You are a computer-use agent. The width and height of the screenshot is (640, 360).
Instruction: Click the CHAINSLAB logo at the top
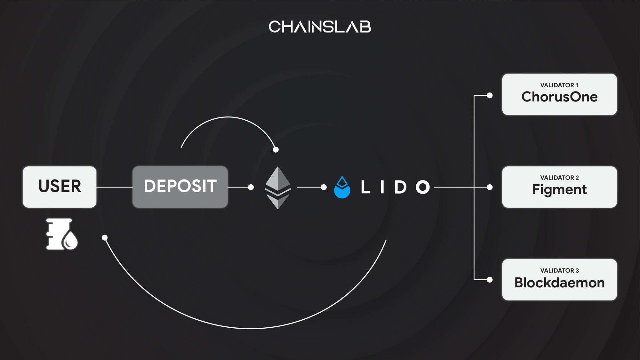pos(320,27)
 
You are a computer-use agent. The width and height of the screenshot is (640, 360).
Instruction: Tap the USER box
pos(60,187)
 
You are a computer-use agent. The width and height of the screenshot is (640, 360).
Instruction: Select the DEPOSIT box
pos(180,187)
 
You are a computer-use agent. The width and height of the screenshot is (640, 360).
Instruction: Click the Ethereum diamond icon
pos(278,188)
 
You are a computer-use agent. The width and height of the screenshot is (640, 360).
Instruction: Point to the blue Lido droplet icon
pos(342,188)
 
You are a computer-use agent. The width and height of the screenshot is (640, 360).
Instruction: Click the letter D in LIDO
pos(400,187)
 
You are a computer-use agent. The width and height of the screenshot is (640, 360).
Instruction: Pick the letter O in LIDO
pos(423,187)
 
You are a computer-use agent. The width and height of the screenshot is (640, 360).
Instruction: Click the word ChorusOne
pos(559,97)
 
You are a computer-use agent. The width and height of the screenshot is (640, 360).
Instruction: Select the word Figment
pos(559,189)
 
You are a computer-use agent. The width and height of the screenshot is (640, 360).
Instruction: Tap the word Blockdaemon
pos(559,283)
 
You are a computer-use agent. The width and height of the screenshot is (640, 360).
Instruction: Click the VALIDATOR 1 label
pos(559,85)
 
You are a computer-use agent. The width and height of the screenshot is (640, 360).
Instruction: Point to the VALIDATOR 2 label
pos(559,178)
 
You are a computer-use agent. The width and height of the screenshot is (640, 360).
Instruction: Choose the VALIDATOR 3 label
pos(559,270)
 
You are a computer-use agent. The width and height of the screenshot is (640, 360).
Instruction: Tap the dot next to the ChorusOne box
pos(490,95)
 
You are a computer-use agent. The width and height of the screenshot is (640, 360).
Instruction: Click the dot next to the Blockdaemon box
pos(490,280)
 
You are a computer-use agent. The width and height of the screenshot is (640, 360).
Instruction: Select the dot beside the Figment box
pos(490,187)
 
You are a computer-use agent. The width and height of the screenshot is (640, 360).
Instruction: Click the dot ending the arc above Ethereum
pos(276,149)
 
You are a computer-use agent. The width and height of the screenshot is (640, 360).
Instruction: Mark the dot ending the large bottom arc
pos(105,237)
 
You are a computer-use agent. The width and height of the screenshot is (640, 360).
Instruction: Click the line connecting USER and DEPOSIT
pos(114,187)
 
